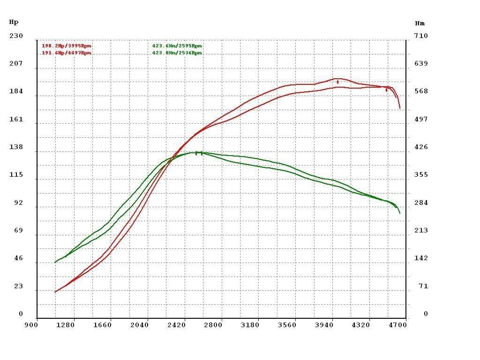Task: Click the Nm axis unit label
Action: (420, 23)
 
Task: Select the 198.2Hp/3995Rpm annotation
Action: (67, 46)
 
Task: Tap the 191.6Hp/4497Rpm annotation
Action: (67, 53)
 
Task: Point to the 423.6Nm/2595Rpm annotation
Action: (177, 46)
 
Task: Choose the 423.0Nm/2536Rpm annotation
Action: (177, 53)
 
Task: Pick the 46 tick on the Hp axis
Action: (18, 258)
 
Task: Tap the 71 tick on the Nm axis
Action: (423, 286)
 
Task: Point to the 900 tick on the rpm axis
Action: (31, 324)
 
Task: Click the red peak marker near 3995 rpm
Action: (337, 82)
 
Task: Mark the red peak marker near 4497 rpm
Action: (386, 89)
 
